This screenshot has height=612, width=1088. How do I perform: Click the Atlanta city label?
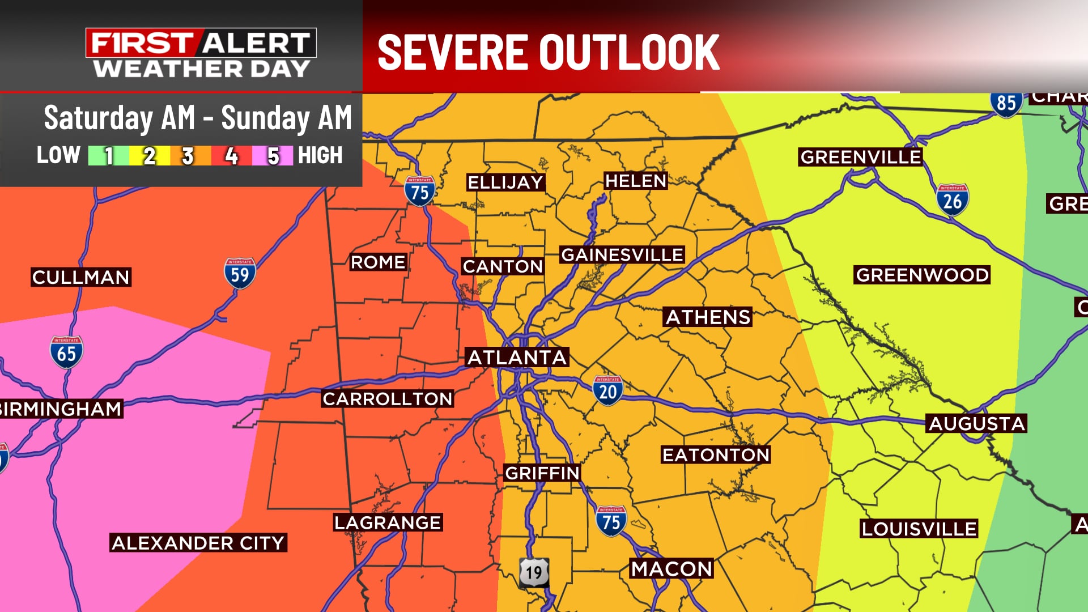pyautogui.click(x=517, y=358)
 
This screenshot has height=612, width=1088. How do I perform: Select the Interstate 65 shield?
pyautogui.click(x=66, y=352)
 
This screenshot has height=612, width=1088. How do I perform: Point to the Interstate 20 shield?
pyautogui.click(x=608, y=390)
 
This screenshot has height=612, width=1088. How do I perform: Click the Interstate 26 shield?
pyautogui.click(x=952, y=200)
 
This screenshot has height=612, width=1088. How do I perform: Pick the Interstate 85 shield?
pyautogui.click(x=1006, y=103)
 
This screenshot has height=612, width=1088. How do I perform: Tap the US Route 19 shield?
pyautogui.click(x=534, y=572)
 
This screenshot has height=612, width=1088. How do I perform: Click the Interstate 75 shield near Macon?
pyautogui.click(x=611, y=521)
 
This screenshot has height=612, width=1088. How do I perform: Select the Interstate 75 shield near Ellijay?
pyautogui.click(x=419, y=191)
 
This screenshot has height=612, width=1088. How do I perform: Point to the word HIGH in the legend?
pyautogui.click(x=320, y=155)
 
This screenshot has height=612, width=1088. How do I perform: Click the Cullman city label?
pyautogui.click(x=81, y=277)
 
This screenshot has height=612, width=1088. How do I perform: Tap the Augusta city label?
pyautogui.click(x=977, y=423)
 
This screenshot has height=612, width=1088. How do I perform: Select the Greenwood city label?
pyautogui.click(x=922, y=275)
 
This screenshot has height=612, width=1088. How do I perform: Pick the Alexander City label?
pyautogui.click(x=198, y=543)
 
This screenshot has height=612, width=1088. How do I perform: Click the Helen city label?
pyautogui.click(x=635, y=181)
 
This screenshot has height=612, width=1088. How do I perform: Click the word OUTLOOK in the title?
pyautogui.click(x=629, y=52)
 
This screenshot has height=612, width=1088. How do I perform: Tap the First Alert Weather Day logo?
pyautogui.click(x=201, y=53)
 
